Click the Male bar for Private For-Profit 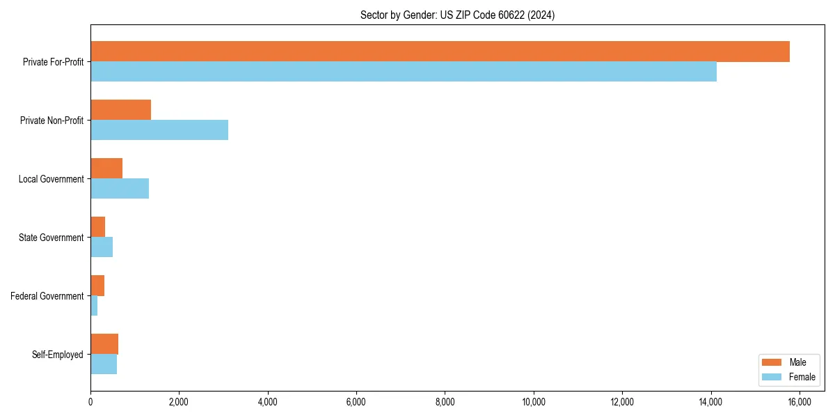[440, 52]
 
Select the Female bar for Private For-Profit [404, 72]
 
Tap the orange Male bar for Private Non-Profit [120, 110]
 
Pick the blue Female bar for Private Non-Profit [159, 130]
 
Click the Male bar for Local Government [106, 169]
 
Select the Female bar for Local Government [120, 189]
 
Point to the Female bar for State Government [102, 247]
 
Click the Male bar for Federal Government [97, 286]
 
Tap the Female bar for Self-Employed [104, 364]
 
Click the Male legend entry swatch [772, 362]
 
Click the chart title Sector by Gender [457, 15]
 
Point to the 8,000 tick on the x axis [445, 402]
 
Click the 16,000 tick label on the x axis [799, 402]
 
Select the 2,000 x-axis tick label [179, 402]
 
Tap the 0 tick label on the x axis [90, 402]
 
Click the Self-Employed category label [58, 355]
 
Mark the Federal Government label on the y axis [47, 296]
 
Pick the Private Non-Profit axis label [51, 121]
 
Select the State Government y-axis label [51, 238]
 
